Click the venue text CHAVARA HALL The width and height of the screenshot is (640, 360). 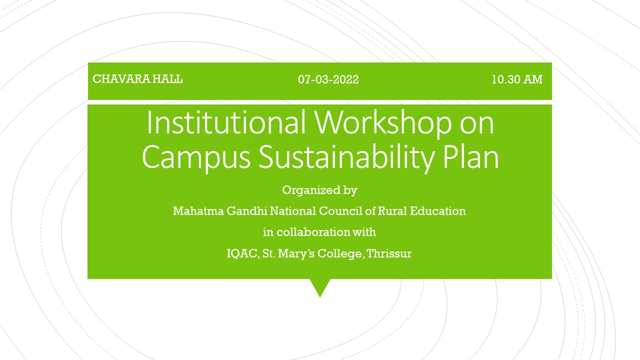(137, 79)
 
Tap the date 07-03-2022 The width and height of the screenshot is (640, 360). (328, 79)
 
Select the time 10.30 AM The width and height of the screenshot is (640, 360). (517, 79)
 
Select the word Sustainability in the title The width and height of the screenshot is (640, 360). (346, 157)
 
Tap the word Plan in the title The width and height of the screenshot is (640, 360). (471, 156)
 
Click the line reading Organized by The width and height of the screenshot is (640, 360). (319, 190)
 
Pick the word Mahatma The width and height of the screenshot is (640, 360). (198, 211)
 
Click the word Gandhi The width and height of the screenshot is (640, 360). (247, 211)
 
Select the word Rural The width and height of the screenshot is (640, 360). (392, 211)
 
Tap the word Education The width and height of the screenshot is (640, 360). (437, 211)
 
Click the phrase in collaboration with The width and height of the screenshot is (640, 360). (319, 232)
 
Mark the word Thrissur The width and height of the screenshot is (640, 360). (389, 253)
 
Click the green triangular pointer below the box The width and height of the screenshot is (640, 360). (320, 286)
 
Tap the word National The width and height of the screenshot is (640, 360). (293, 211)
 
